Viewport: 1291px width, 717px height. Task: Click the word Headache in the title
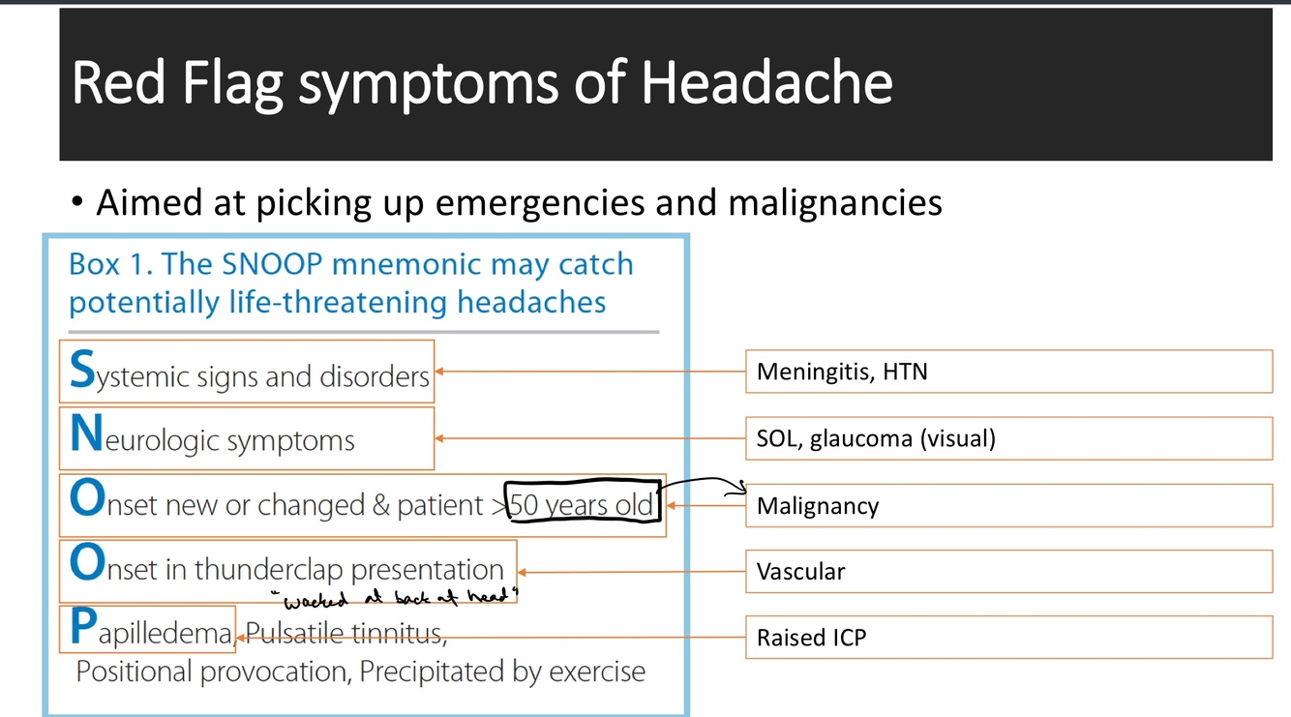(x=766, y=83)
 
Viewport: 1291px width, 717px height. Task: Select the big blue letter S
(x=82, y=370)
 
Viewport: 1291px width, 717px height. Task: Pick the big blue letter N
(x=86, y=436)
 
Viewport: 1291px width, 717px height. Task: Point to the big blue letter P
(x=83, y=630)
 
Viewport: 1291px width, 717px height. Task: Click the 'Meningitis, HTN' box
(x=1007, y=372)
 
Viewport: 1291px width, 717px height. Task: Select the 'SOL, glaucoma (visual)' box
(x=1007, y=438)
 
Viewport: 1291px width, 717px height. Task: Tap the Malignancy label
(x=818, y=506)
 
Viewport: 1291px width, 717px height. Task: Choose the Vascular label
(x=800, y=572)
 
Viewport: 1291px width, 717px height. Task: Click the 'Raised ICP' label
(x=811, y=638)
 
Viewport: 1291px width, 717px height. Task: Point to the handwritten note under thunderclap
(x=395, y=598)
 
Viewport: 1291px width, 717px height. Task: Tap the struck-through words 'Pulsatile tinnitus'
(x=345, y=635)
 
